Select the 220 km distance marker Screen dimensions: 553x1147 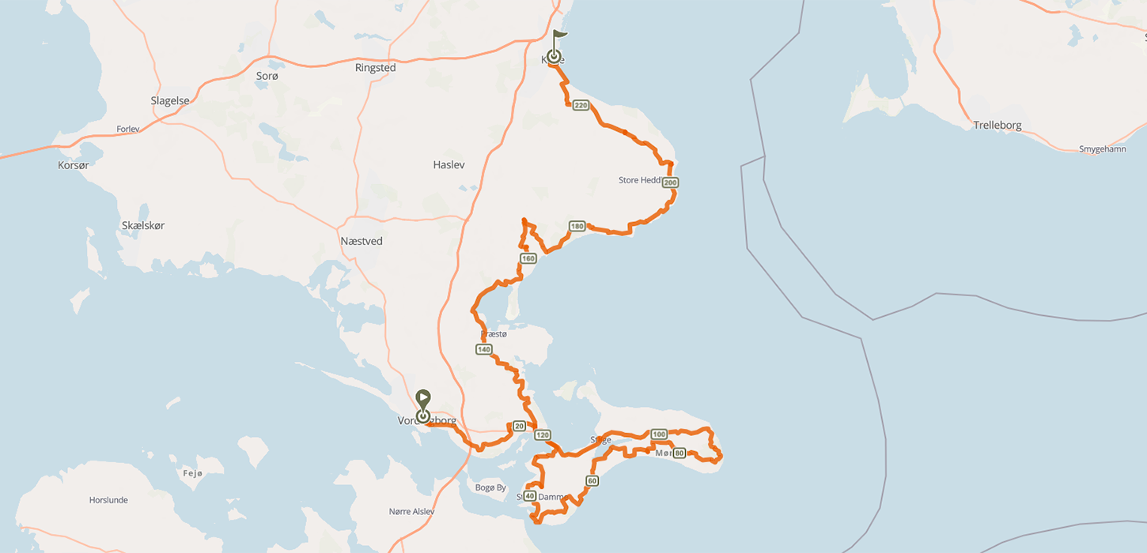pyautogui.click(x=581, y=105)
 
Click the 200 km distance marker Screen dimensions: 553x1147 pyautogui.click(x=671, y=182)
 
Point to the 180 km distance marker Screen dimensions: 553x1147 pyautogui.click(x=577, y=227)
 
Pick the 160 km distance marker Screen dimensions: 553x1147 pyautogui.click(x=528, y=258)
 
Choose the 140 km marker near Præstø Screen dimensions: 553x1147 pyautogui.click(x=484, y=349)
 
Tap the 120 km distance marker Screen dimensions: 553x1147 pyautogui.click(x=543, y=434)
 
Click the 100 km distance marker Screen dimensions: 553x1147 pyautogui.click(x=659, y=434)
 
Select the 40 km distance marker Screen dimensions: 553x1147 pyautogui.click(x=530, y=496)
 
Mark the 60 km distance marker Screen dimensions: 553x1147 pyautogui.click(x=592, y=480)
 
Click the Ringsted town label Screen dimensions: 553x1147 pyautogui.click(x=375, y=68)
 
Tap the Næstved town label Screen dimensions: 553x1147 pyautogui.click(x=361, y=241)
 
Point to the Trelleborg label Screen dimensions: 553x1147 pyautogui.click(x=997, y=125)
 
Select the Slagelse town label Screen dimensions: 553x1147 pyautogui.click(x=170, y=100)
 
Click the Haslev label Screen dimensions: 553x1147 pyautogui.click(x=449, y=164)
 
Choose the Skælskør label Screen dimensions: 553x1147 pyautogui.click(x=143, y=225)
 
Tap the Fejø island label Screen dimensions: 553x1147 pyautogui.click(x=193, y=472)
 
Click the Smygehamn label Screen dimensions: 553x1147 pyautogui.click(x=1102, y=149)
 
